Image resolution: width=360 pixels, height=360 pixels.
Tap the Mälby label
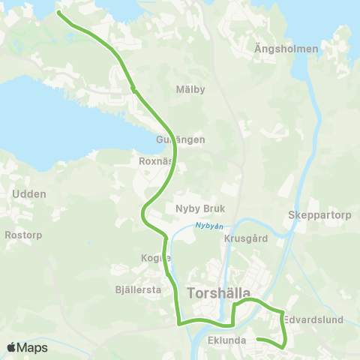190,89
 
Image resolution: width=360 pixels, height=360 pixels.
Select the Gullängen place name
180,139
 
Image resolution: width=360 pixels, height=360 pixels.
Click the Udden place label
29,193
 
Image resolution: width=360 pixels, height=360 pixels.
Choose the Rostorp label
23,235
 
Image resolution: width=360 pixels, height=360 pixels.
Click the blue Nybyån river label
209,224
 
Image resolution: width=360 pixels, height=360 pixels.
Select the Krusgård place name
245,238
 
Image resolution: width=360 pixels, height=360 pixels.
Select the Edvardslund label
314,319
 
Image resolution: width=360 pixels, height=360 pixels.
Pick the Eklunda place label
226,339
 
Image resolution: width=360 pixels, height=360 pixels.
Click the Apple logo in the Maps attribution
12,347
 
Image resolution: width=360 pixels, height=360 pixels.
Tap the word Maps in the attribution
34,347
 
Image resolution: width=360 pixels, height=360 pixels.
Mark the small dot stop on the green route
133,89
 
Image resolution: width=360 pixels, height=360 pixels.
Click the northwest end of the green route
58,13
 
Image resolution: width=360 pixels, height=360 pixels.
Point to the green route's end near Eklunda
257,340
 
